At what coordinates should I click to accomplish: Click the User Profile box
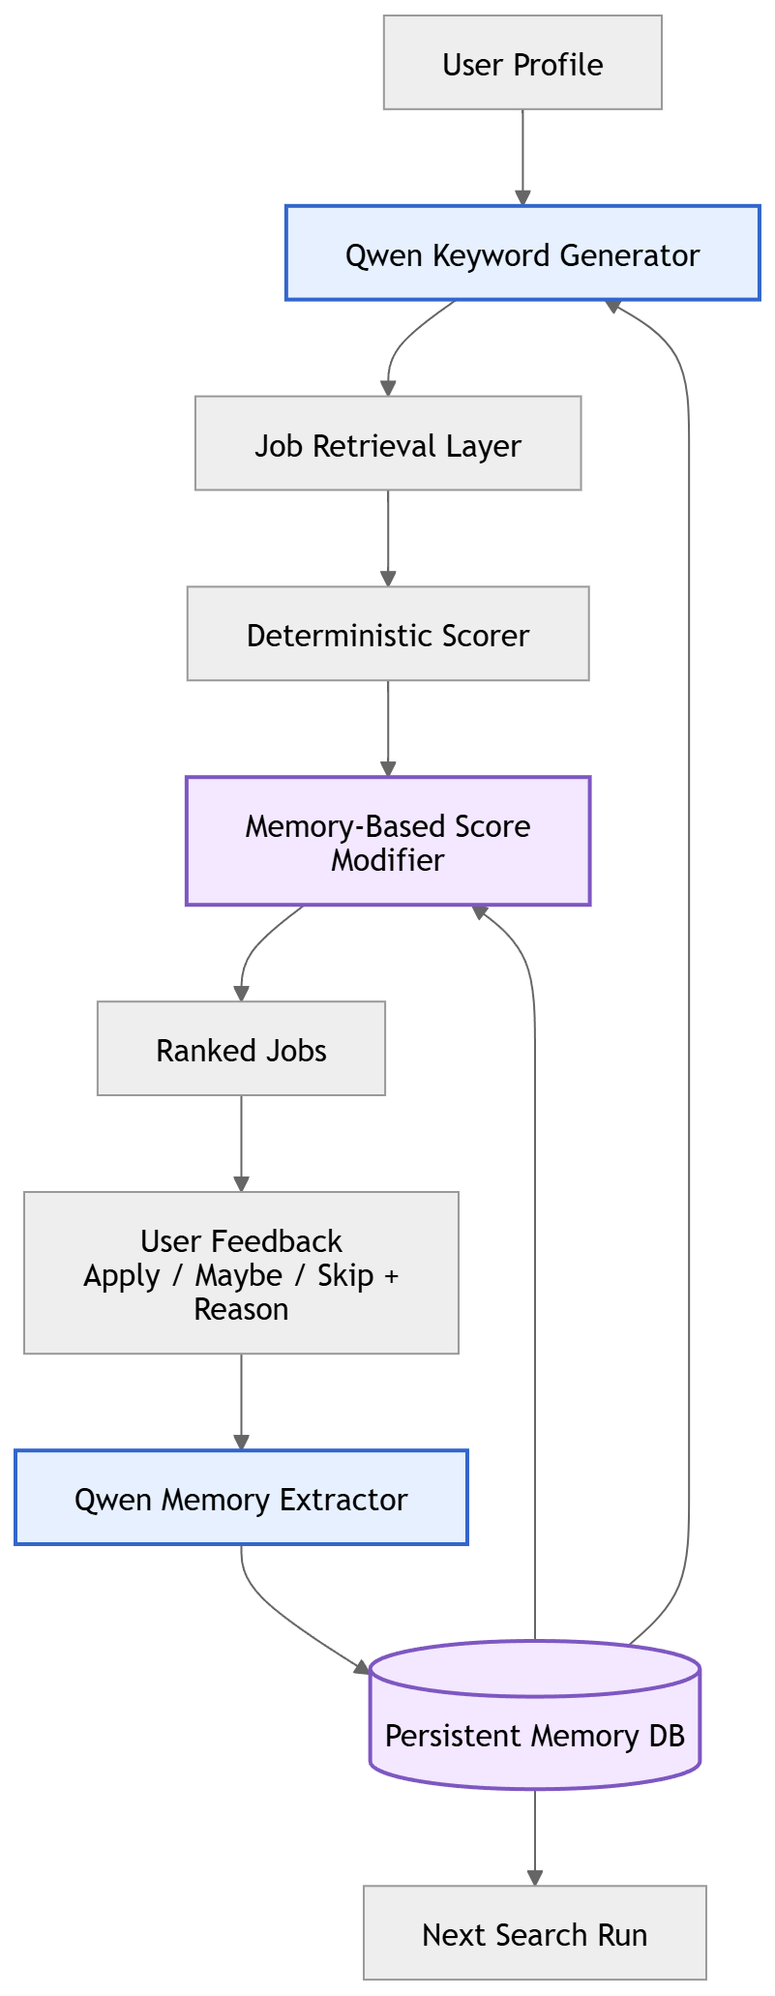(x=522, y=63)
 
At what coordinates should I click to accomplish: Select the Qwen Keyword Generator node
(x=522, y=253)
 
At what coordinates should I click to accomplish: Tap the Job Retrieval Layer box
(x=388, y=443)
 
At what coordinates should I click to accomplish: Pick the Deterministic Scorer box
(x=388, y=634)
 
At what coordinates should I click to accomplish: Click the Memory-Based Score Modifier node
(x=388, y=841)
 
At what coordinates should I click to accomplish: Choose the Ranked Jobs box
(x=241, y=1049)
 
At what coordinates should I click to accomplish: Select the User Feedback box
(x=241, y=1273)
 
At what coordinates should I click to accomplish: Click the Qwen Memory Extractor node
(x=241, y=1498)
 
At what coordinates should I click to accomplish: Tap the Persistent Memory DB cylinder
(x=535, y=1715)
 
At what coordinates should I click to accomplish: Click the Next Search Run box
(x=535, y=1933)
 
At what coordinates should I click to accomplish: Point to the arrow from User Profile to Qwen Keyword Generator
(x=522, y=158)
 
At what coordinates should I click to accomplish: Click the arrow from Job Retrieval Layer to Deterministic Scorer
(x=388, y=539)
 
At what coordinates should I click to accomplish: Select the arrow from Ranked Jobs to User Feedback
(x=241, y=1144)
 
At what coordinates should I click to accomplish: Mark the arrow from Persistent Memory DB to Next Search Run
(x=535, y=1838)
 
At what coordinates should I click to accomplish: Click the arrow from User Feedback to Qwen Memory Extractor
(x=241, y=1402)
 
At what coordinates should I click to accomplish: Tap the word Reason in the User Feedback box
(x=241, y=1309)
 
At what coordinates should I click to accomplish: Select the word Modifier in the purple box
(x=388, y=859)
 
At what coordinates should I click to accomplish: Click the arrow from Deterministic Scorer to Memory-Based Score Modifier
(x=388, y=729)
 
